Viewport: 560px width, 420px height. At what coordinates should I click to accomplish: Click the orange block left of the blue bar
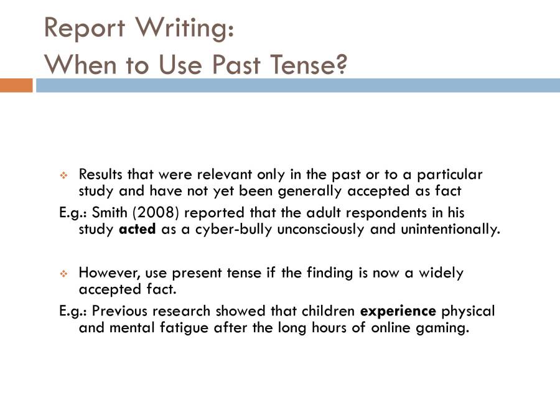coord(16,85)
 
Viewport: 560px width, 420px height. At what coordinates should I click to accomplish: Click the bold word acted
coord(137,230)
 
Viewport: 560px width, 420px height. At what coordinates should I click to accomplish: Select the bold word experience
coord(398,310)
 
